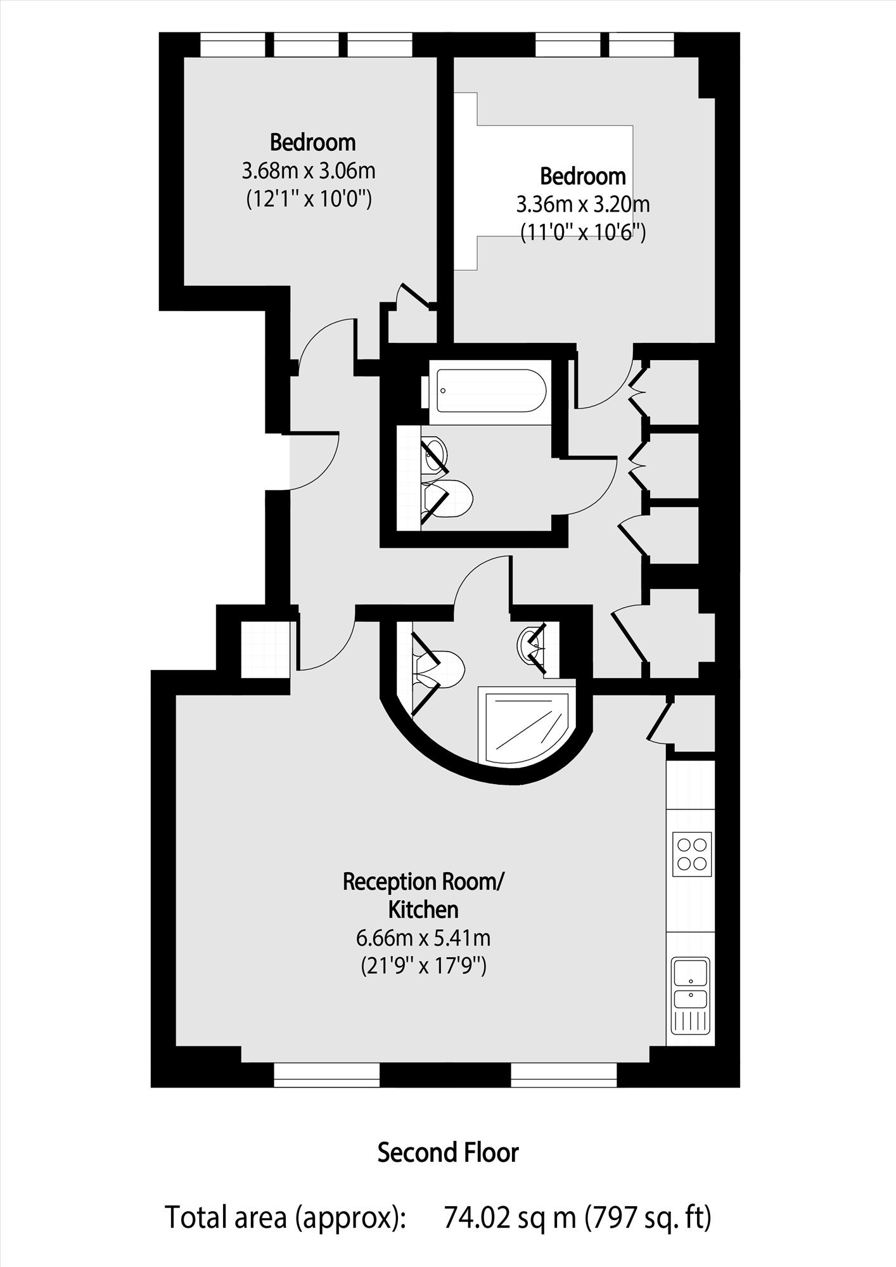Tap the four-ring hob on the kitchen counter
point(691,854)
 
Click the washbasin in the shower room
point(530,645)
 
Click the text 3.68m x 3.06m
point(309,170)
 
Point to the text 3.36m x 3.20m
point(583,205)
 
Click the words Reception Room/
point(423,882)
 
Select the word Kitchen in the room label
point(423,910)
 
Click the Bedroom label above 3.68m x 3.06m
point(313,143)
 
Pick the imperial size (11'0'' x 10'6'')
point(583,233)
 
